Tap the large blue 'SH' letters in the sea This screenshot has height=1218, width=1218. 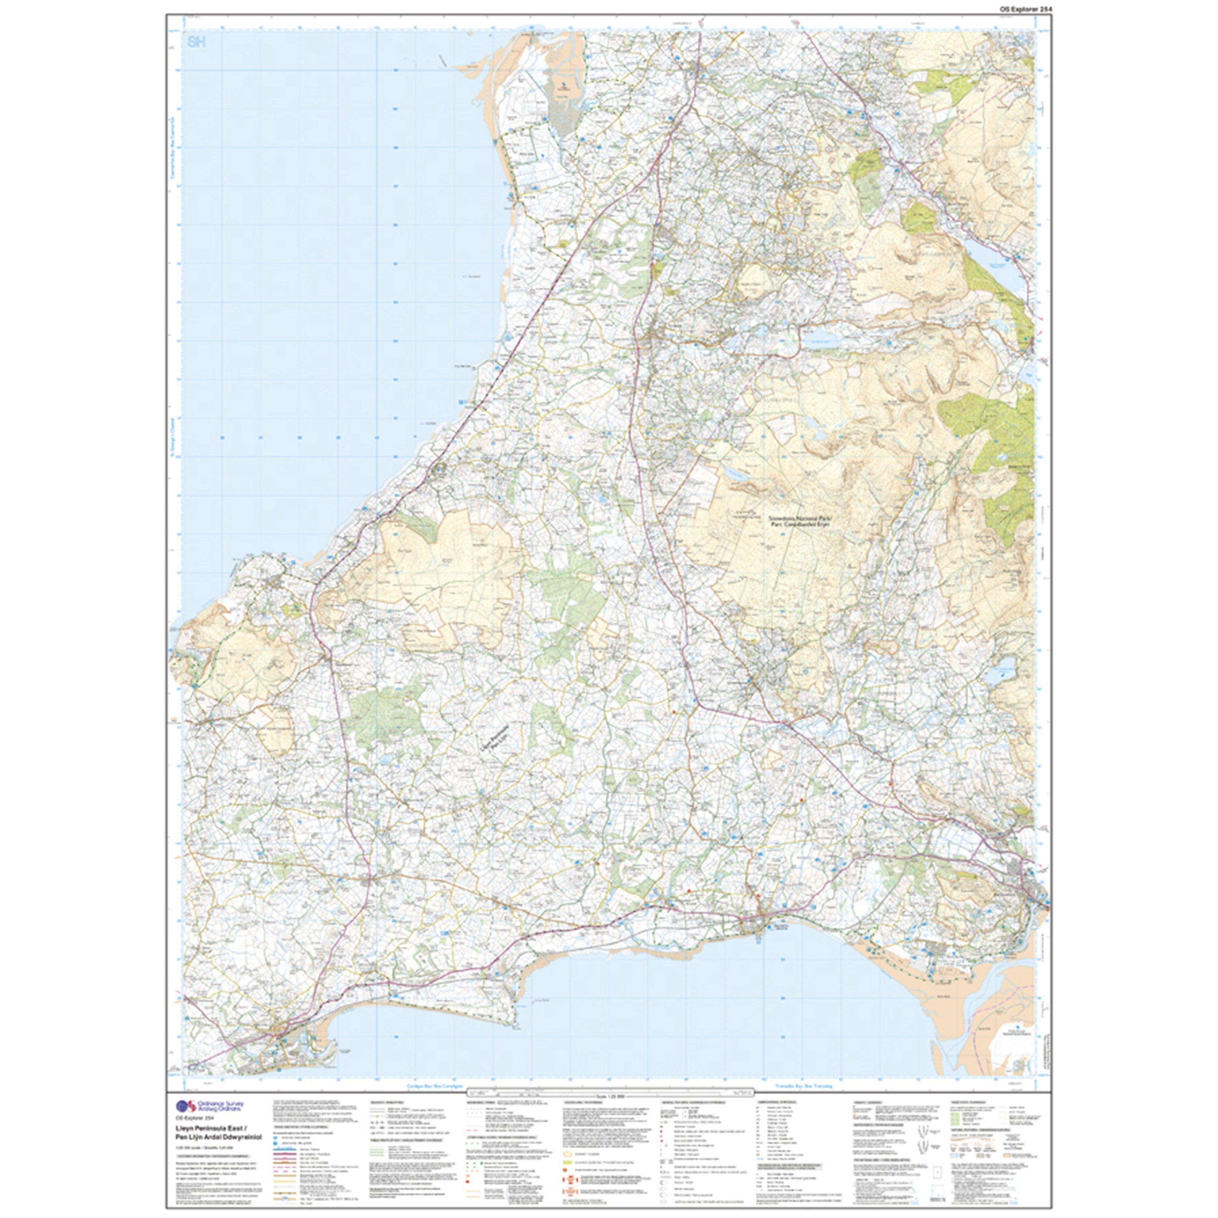pos(196,43)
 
